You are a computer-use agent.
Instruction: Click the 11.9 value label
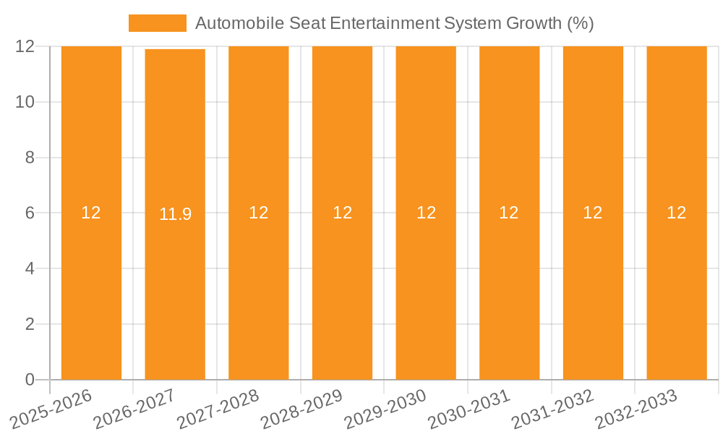pyautogui.click(x=175, y=214)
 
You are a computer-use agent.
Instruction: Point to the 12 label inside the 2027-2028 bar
pyautogui.click(x=258, y=213)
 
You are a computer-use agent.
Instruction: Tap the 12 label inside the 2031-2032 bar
pyautogui.click(x=593, y=213)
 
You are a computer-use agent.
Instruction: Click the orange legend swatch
pyautogui.click(x=157, y=23)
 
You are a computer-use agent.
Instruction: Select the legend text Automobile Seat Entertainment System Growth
pyautogui.click(x=394, y=23)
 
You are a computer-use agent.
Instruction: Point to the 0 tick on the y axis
pyautogui.click(x=30, y=380)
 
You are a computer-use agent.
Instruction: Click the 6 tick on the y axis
pyautogui.click(x=30, y=213)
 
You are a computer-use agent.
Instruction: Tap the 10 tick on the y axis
pyautogui.click(x=25, y=102)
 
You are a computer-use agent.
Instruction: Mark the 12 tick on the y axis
pyautogui.click(x=25, y=46)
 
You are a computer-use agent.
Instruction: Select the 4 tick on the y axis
pyautogui.click(x=30, y=268)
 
